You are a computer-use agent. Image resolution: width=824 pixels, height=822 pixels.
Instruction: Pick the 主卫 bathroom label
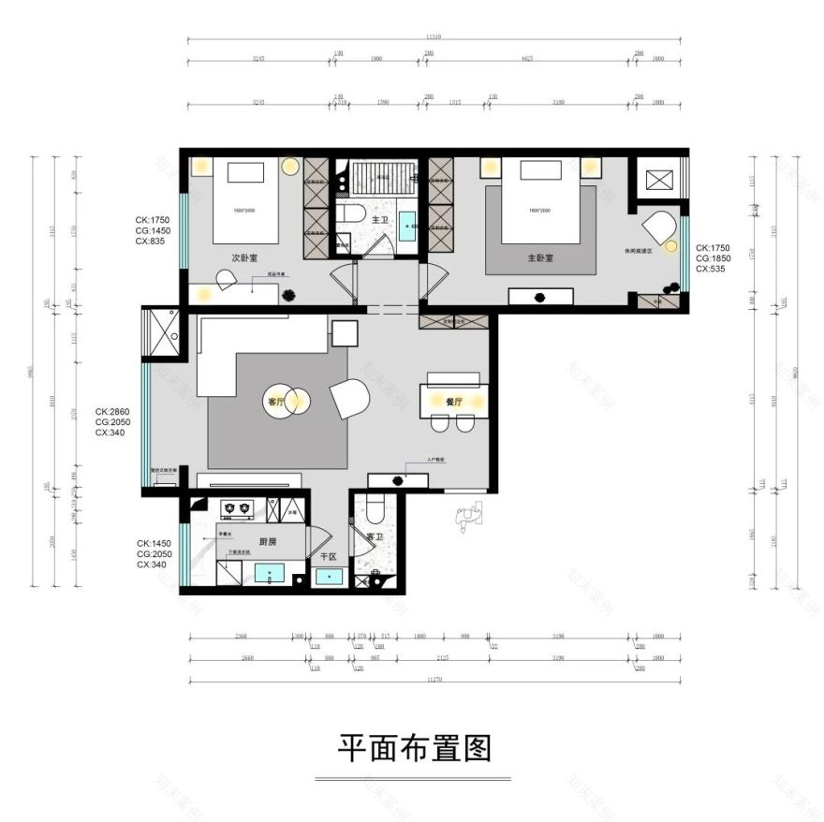379,220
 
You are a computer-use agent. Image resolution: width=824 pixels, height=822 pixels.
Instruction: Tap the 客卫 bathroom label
375,536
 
